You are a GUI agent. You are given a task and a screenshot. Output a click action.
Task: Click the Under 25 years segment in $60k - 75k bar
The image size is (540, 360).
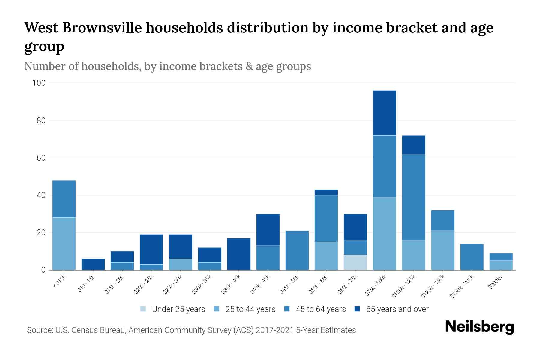[355, 262]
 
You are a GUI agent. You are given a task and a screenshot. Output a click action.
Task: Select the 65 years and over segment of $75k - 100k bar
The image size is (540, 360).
[384, 113]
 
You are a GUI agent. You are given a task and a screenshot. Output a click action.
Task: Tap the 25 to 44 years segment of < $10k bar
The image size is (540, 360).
[64, 244]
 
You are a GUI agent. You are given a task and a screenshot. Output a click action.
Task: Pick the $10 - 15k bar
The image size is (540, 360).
[93, 264]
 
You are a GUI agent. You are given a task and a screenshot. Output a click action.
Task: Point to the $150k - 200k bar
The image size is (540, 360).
[472, 257]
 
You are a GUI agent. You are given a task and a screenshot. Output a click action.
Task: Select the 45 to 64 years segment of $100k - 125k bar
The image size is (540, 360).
[413, 197]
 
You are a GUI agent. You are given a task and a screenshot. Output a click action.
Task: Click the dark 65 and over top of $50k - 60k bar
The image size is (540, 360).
[326, 192]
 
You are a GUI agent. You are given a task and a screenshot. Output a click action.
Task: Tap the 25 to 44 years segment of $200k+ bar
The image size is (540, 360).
[501, 265]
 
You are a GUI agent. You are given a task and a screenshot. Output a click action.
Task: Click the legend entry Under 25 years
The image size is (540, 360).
[173, 309]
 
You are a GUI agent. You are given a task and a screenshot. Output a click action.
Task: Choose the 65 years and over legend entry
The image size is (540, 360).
[391, 309]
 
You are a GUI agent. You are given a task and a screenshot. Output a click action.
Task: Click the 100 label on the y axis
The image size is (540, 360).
[39, 83]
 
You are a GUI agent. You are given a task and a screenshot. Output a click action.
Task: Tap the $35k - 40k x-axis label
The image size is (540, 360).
[231, 285]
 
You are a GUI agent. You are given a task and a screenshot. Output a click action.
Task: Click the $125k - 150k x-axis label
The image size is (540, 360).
[433, 287]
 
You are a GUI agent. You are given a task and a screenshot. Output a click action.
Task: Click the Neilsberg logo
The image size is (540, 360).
[479, 327]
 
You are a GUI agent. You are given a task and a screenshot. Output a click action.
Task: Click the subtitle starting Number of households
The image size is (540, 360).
[167, 66]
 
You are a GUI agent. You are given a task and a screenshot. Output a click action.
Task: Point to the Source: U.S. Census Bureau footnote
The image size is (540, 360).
[191, 330]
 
